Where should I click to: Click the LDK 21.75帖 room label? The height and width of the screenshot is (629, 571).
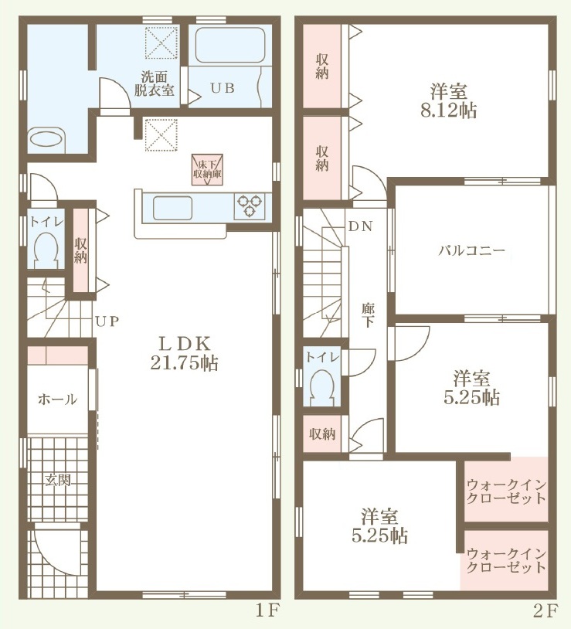185,353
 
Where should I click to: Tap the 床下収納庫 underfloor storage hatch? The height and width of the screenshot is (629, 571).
207,170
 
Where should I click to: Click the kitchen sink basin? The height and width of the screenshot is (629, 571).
172,208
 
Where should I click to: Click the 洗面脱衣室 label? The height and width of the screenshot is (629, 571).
154,83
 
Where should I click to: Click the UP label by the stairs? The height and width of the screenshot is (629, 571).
107,321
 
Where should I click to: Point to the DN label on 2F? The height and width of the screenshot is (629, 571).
361,226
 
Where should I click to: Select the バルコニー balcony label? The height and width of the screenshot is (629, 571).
471,251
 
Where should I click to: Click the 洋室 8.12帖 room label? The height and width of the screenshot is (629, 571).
449,100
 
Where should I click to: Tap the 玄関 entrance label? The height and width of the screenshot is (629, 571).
58,480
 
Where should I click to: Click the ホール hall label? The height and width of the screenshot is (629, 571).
57,399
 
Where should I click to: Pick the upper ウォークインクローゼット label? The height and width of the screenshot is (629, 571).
506,491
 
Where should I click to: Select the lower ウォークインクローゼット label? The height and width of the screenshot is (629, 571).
506,561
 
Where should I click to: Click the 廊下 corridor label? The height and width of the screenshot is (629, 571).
368,315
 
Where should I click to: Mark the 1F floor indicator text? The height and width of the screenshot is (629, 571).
267,610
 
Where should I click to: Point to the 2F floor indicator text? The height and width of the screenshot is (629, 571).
546,610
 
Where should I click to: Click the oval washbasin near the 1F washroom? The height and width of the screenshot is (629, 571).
47,140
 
